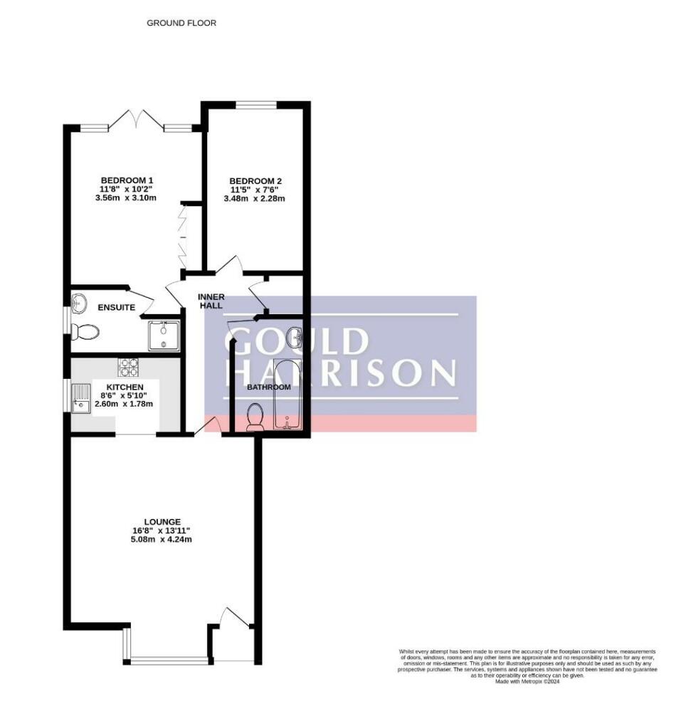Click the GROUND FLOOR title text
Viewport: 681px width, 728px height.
pos(181,23)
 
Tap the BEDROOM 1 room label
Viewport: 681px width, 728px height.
pos(127,180)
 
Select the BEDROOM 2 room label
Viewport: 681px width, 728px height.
pos(255,181)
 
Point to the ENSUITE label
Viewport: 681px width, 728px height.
pos(117,308)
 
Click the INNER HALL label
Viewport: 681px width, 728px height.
pos(211,301)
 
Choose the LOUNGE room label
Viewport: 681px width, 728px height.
pos(161,521)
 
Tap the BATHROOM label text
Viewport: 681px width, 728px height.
pos(269,387)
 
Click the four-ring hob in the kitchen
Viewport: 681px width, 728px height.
pos(128,367)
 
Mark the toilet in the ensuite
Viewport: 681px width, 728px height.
pos(87,332)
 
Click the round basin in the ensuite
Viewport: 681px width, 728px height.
pos(79,304)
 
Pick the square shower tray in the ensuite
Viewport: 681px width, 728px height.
pos(163,336)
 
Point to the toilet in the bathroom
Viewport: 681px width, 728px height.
pos(255,417)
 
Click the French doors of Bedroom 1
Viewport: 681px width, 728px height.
pos(136,121)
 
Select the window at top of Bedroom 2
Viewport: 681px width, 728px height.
pos(255,106)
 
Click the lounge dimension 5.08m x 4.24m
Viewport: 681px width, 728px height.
pos(161,540)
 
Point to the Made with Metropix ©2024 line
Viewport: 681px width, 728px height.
pos(527,681)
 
